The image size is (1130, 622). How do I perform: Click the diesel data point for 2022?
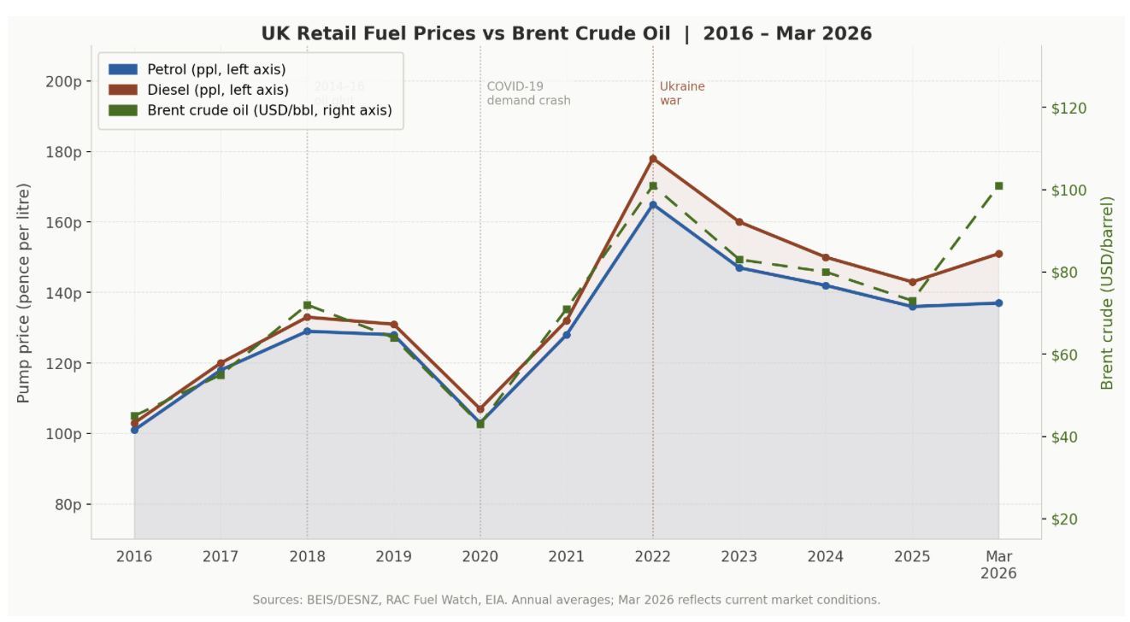click(x=653, y=159)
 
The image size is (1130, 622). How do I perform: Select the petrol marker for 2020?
click(x=480, y=423)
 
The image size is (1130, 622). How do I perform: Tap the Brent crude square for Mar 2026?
click(x=998, y=185)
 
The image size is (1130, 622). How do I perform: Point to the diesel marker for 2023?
click(x=739, y=222)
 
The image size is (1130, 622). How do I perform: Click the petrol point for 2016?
click(x=134, y=430)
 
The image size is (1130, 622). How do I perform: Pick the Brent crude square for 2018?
click(x=307, y=305)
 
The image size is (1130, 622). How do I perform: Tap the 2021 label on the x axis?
click(x=567, y=557)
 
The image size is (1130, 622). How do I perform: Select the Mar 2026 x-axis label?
click(x=998, y=565)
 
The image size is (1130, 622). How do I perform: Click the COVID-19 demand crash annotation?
click(x=528, y=93)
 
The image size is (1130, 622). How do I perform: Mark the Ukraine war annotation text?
click(x=682, y=93)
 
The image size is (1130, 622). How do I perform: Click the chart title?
click(x=566, y=34)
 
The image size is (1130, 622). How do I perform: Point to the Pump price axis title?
click(x=24, y=293)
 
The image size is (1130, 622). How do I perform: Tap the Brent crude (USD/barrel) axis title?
click(x=1108, y=293)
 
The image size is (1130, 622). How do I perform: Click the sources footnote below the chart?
click(x=566, y=600)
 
